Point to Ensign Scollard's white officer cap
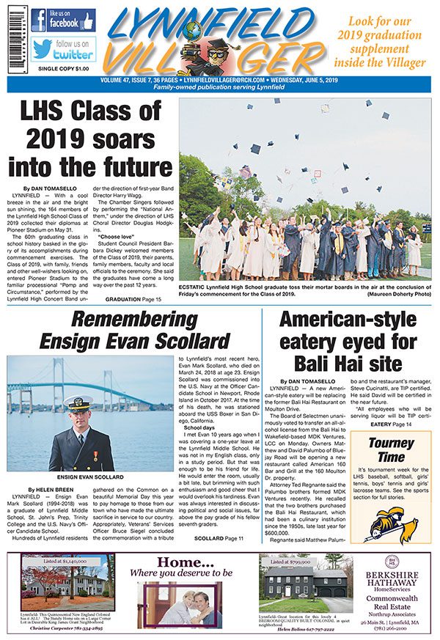coord(78,403)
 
